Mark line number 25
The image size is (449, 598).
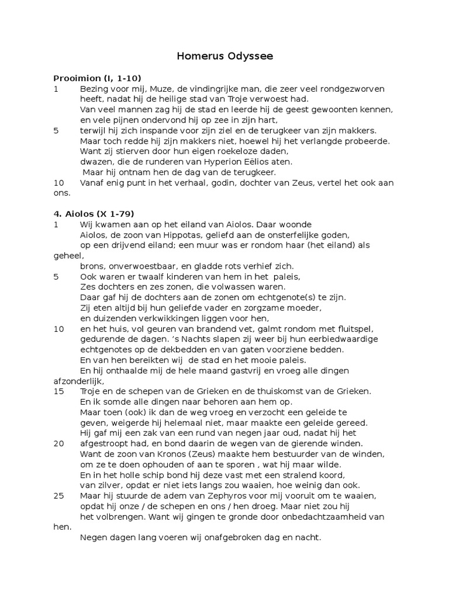[x=58, y=496]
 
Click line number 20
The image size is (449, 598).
[x=58, y=444]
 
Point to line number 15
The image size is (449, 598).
[x=58, y=391]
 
